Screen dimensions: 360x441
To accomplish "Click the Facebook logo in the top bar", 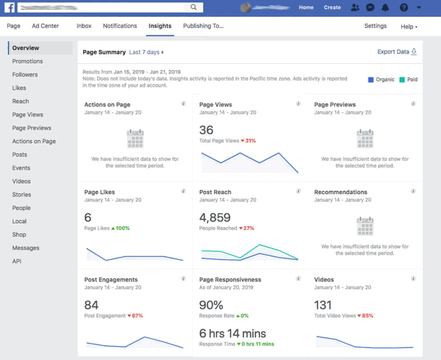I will [9, 8].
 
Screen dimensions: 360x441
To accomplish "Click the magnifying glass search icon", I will [194, 8].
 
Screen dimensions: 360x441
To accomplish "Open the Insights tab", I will [160, 26].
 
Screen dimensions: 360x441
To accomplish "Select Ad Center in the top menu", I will [45, 26].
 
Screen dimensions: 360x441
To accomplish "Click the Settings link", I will [375, 26].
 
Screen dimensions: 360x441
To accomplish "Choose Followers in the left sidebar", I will [25, 74].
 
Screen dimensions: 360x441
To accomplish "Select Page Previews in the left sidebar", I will [31, 128].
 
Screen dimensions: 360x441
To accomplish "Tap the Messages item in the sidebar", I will [25, 248].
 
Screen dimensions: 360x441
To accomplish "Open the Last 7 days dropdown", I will [146, 52].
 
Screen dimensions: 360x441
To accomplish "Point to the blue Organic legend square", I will [370, 79].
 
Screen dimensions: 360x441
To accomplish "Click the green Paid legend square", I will [401, 79].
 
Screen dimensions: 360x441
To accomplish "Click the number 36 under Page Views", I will [206, 130].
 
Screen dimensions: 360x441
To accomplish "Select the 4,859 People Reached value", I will [215, 218].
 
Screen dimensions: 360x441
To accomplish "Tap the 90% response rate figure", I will [211, 305].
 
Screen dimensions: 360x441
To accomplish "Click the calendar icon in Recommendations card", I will [365, 226].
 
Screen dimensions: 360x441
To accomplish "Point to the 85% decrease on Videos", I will [365, 315].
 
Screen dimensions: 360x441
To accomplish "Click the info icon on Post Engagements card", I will [183, 279].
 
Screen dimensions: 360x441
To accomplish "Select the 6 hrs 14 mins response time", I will [232, 334].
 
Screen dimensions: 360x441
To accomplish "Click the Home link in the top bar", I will [306, 8].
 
